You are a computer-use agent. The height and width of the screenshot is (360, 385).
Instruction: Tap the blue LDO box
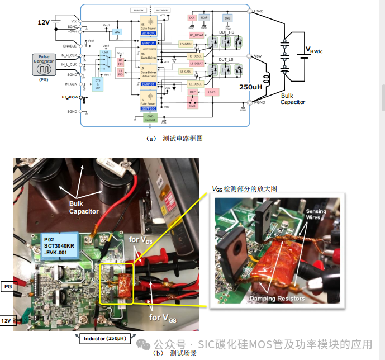point(117,32)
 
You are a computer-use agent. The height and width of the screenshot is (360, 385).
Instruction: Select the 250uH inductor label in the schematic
point(251,87)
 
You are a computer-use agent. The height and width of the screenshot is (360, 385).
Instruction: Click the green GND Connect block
point(150,118)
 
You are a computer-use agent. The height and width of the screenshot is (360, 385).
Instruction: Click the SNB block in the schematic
point(227,18)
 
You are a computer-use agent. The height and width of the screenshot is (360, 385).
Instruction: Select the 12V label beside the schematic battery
point(44,22)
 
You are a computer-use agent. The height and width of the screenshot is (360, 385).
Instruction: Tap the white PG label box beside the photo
point(8,286)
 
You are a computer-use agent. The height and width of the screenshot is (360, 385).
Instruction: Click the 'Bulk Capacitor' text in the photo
point(84,207)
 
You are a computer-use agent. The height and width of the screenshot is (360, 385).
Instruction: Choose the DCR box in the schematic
point(192,18)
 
